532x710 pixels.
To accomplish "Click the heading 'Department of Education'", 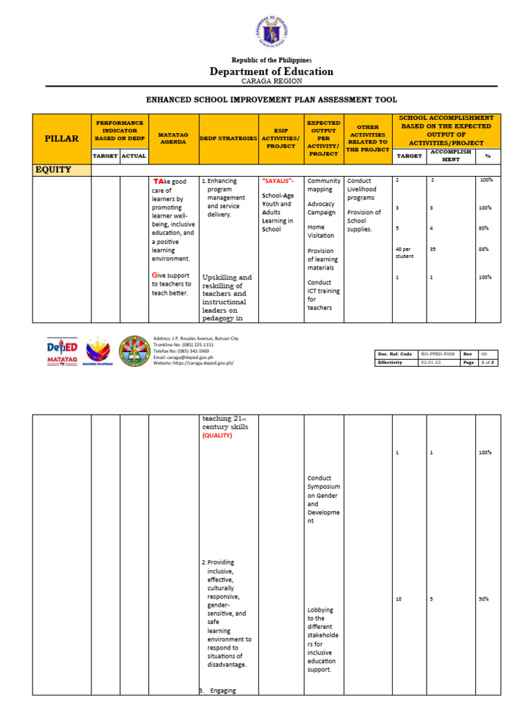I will pyautogui.click(x=272, y=71).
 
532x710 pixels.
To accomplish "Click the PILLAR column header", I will pyautogui.click(x=62, y=139).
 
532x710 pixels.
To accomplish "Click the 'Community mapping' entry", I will pyautogui.click(x=319, y=185).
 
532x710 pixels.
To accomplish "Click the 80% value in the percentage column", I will pyautogui.click(x=484, y=228).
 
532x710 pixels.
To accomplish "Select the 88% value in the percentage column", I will pyautogui.click(x=484, y=249).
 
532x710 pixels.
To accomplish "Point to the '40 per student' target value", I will pyautogui.click(x=405, y=252).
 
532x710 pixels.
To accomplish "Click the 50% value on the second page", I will pyautogui.click(x=484, y=599).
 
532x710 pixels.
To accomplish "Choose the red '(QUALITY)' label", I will pyautogui.click(x=217, y=436).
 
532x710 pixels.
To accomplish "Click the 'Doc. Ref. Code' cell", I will pyautogui.click(x=396, y=354).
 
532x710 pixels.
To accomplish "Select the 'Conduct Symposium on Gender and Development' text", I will pyautogui.click(x=323, y=499).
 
